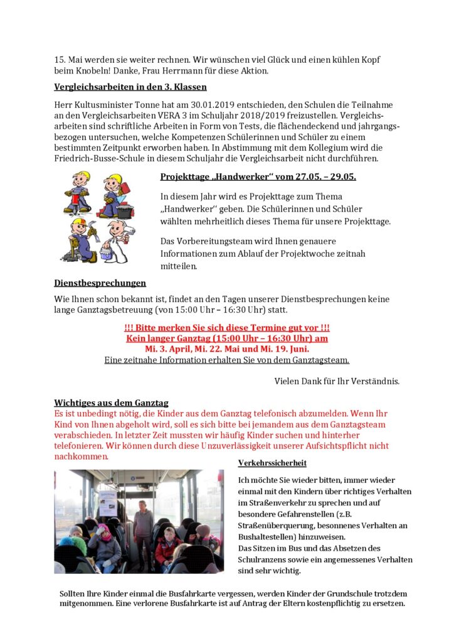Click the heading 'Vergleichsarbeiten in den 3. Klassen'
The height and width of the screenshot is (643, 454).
point(130,87)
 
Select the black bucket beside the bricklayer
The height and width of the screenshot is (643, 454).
point(124,212)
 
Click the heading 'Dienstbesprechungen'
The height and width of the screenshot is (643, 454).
point(100,283)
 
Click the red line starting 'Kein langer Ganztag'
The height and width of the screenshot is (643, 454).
point(227,338)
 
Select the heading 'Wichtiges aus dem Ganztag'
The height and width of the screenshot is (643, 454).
point(111,403)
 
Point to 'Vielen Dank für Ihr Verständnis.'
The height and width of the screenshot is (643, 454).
point(337,381)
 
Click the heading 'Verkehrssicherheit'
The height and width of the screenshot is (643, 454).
point(272,463)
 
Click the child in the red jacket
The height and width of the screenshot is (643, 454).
point(167,546)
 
